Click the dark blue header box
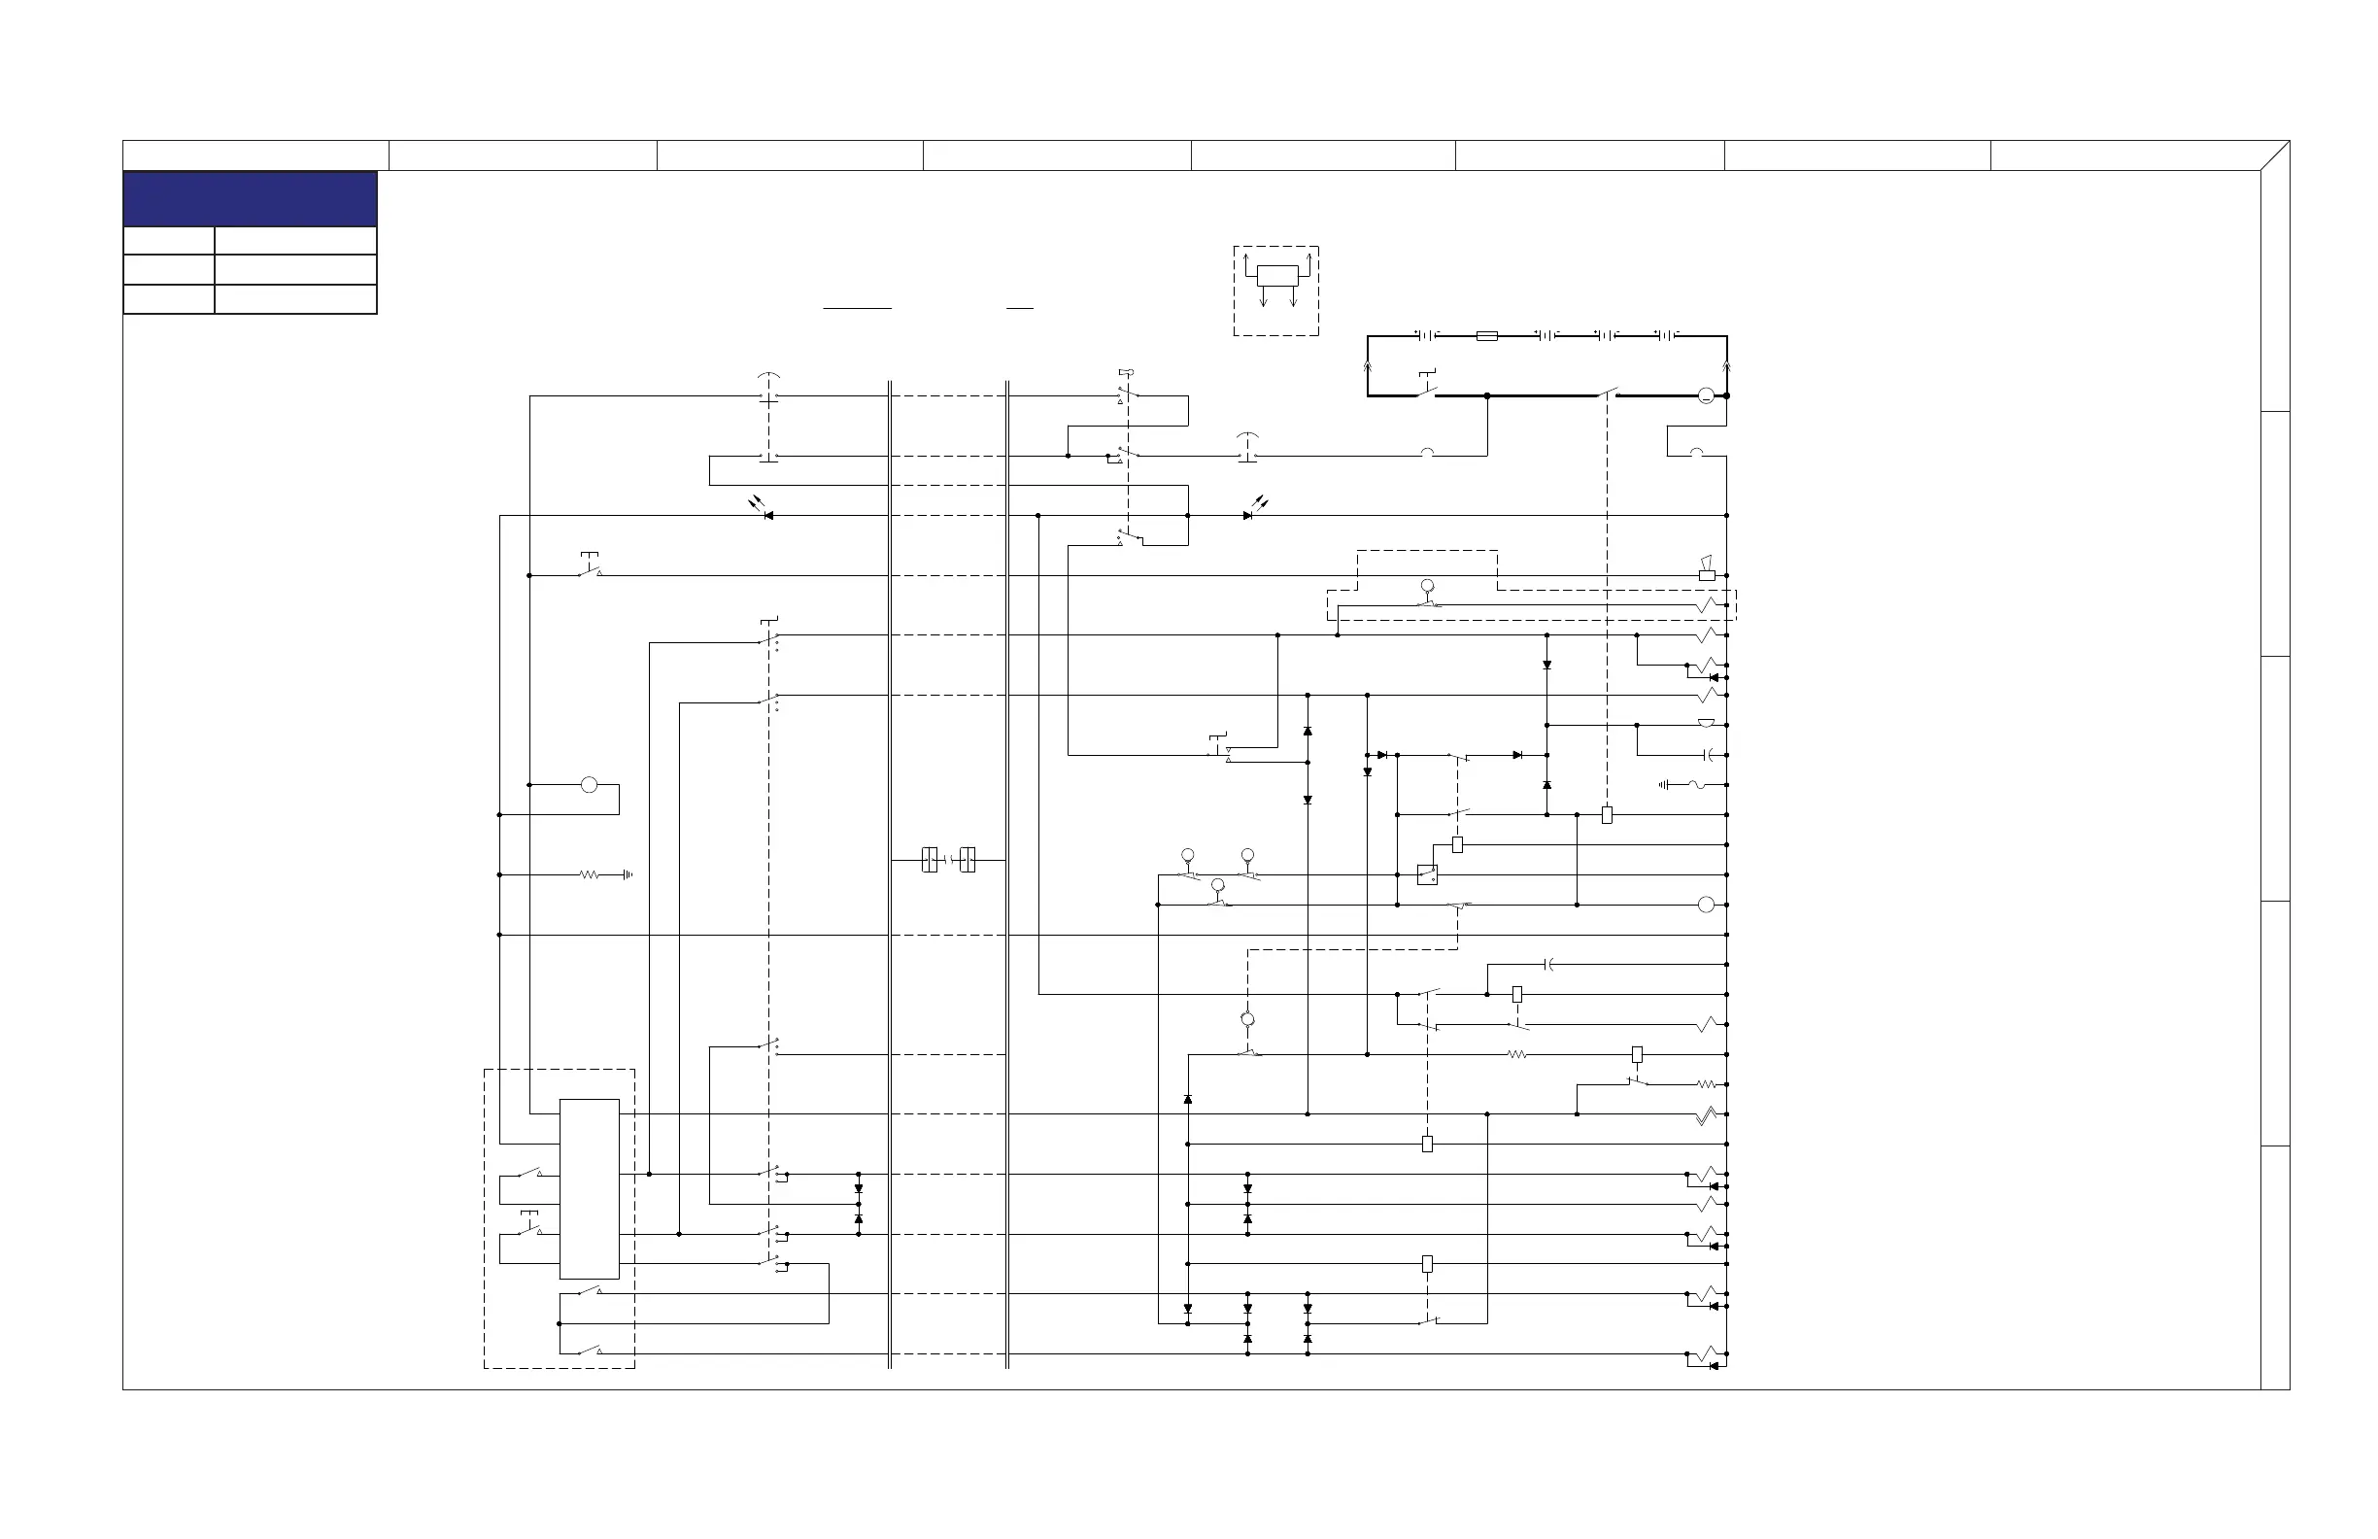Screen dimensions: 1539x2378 click(250, 199)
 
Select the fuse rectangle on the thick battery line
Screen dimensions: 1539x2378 click(1487, 337)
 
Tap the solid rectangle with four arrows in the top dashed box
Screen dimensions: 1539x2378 click(1277, 276)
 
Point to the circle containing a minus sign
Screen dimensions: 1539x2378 click(1706, 396)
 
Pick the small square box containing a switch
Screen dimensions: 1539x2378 click(1427, 875)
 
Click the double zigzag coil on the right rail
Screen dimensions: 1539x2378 click(1708, 1115)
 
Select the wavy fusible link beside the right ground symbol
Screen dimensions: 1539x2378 click(1695, 785)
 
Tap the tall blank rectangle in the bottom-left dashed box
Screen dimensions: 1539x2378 click(589, 1189)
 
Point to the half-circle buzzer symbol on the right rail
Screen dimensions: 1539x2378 click(1706, 724)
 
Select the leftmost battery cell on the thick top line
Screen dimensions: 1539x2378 click(1427, 336)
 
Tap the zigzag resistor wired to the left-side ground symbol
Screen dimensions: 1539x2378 click(589, 875)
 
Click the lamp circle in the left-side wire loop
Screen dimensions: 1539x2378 click(589, 785)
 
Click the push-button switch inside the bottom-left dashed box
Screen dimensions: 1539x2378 click(529, 1227)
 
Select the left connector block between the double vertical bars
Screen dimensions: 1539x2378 click(930, 860)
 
